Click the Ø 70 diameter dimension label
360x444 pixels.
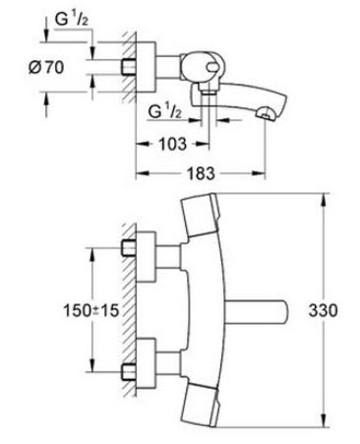[x=46, y=67]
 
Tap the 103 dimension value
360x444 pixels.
[x=173, y=144]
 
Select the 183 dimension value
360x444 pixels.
[x=201, y=173]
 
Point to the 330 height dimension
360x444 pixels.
[x=323, y=310]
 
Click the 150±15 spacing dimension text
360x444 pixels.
[x=90, y=310]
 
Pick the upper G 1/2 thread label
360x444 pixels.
[x=72, y=20]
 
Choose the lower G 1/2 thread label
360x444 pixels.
[x=164, y=111]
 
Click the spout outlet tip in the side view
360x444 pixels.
[x=266, y=114]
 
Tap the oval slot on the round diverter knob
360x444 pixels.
[x=212, y=67]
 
